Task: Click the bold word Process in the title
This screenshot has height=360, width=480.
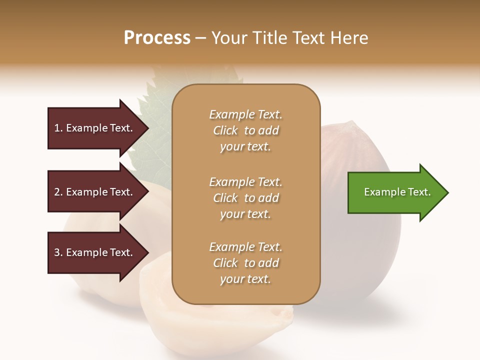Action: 157,38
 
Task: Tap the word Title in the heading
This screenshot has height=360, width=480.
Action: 270,38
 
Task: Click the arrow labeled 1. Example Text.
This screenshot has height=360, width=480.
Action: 95,128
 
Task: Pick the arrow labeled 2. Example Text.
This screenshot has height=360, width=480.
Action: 95,192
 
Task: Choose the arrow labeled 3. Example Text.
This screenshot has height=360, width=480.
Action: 95,252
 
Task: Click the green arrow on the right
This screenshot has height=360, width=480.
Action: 395,192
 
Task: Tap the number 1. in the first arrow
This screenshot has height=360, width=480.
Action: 58,128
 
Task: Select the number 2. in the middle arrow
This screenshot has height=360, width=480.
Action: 58,192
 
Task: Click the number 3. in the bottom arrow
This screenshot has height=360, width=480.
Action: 58,252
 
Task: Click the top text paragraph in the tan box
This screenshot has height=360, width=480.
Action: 245,130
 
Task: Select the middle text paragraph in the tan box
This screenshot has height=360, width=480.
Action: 245,197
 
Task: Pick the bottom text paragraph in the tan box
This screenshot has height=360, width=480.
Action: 245,263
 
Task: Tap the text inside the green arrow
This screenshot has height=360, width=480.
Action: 397,192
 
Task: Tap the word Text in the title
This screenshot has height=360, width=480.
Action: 307,38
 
